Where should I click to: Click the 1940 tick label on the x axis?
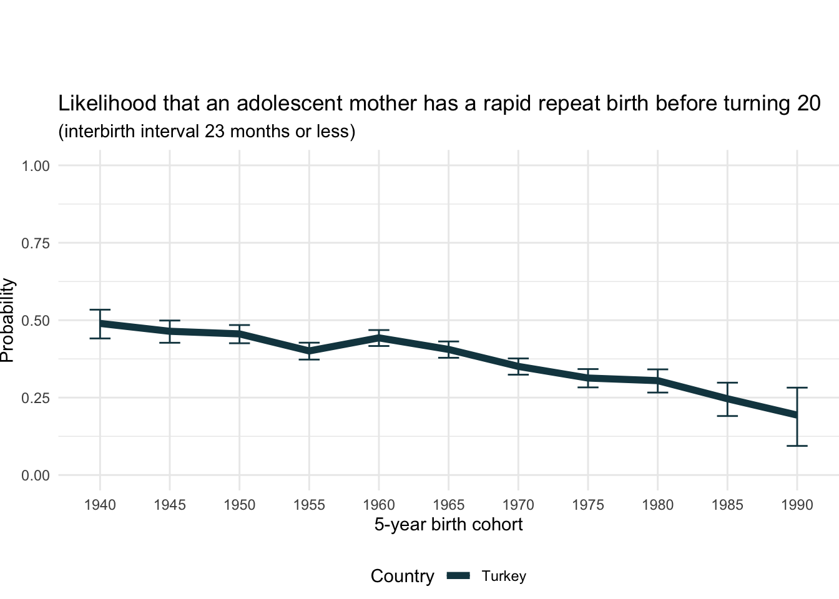pos(100,505)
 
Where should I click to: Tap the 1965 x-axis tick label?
pos(448,505)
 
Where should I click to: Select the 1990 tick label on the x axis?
pos(797,505)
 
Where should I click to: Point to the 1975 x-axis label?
pos(588,505)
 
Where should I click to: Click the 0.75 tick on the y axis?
pos(36,243)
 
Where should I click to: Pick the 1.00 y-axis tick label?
pos(36,166)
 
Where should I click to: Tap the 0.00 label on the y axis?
pos(36,476)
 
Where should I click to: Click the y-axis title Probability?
pos(7,320)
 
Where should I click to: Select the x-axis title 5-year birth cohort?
pos(448,525)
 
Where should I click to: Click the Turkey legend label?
pos(504,577)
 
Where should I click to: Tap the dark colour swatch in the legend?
pos(458,577)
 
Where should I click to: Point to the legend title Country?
pos(402,577)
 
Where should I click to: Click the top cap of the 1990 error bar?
pos(797,387)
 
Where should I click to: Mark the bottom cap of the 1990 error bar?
pos(797,446)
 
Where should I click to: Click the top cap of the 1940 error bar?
pos(100,309)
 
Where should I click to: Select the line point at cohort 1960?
pos(379,338)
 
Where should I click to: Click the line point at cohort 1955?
pos(309,351)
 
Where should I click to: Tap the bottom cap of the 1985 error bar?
pos(727,416)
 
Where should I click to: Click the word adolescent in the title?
pos(290,104)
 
